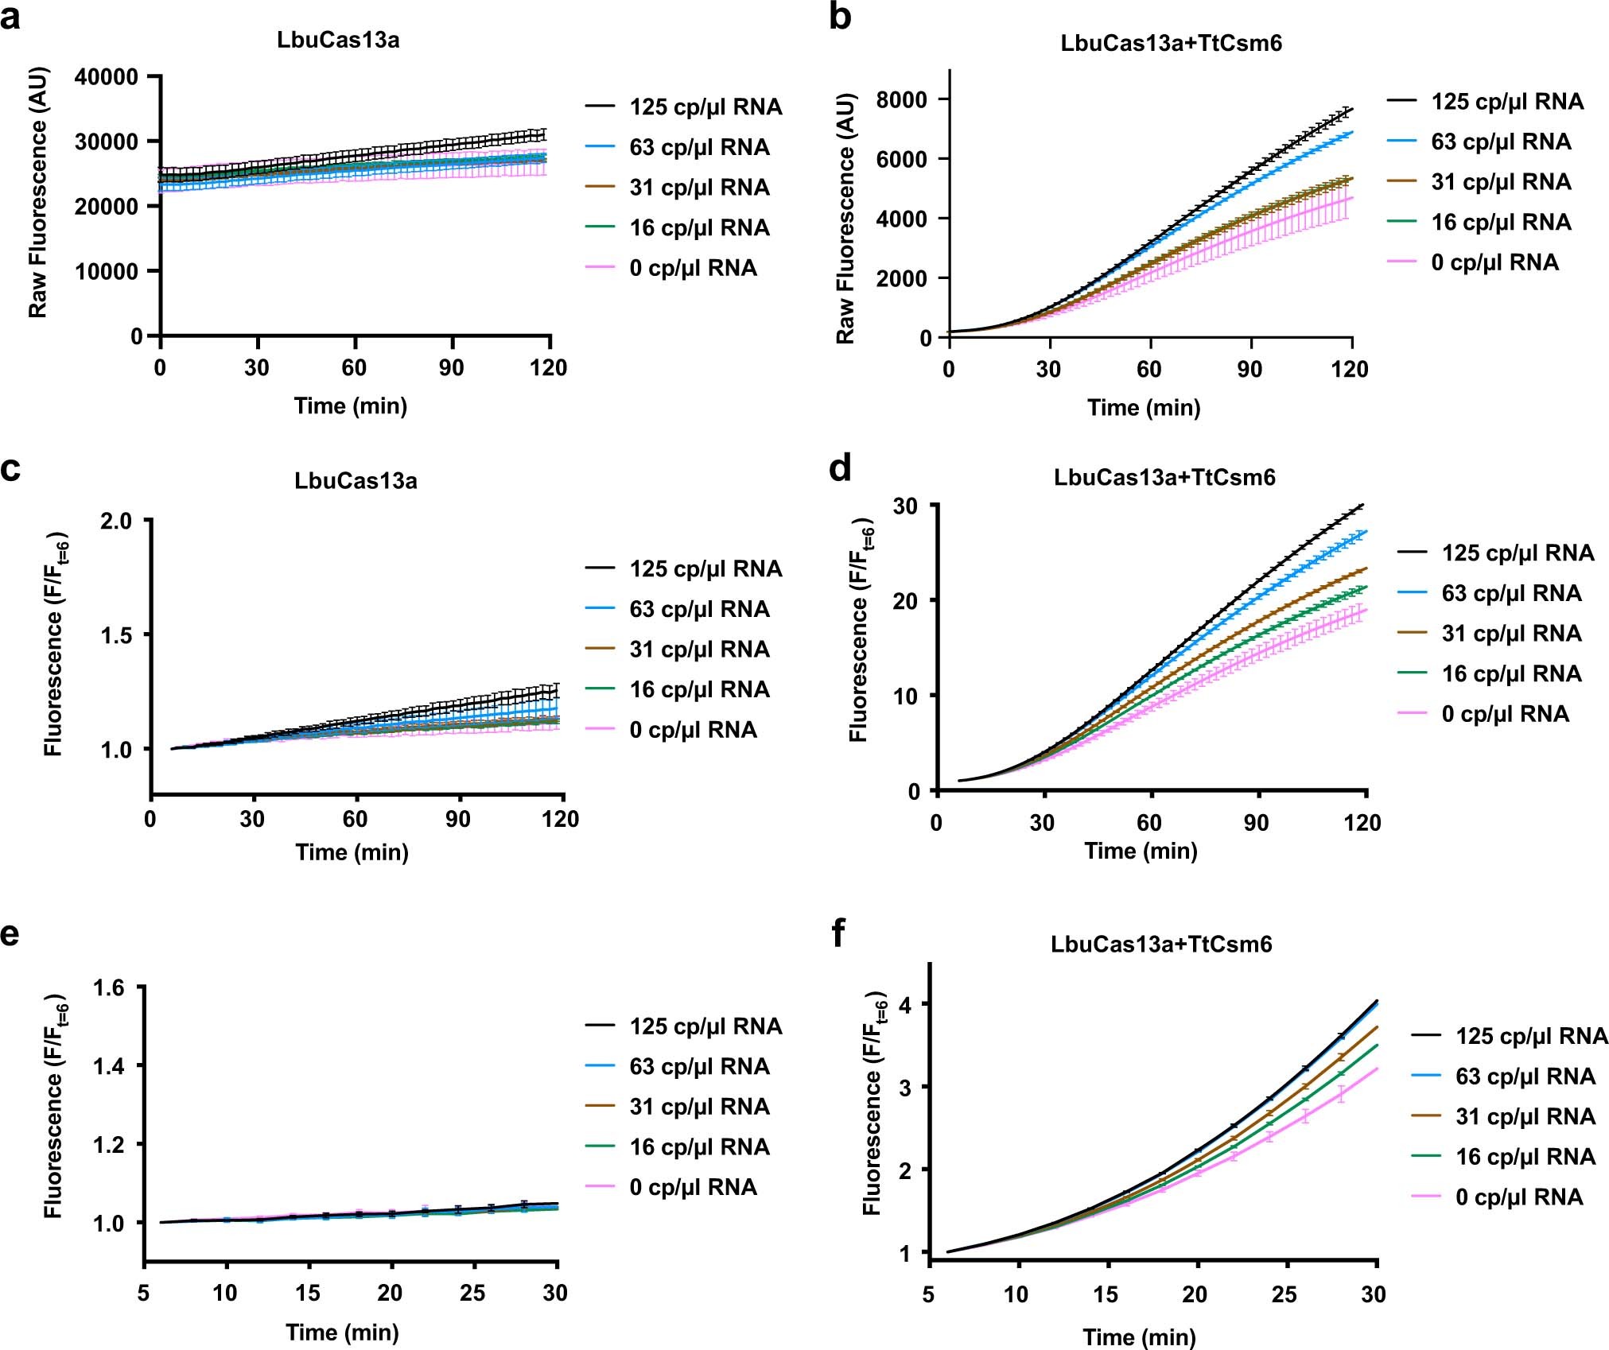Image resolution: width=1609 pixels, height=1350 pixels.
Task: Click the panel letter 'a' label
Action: [11, 17]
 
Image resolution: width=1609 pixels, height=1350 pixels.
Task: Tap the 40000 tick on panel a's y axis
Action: [106, 77]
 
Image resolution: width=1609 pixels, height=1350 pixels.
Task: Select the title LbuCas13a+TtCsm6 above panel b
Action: [1171, 43]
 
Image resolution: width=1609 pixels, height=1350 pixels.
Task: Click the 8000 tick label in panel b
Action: [901, 99]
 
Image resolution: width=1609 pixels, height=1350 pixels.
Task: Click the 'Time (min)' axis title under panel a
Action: [350, 406]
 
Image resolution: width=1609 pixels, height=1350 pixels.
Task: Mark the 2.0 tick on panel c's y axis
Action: [115, 521]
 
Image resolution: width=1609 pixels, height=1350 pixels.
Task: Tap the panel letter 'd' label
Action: [839, 469]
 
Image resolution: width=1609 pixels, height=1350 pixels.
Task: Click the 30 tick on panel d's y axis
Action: [904, 506]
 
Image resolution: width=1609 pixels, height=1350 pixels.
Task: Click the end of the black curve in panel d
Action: [1363, 505]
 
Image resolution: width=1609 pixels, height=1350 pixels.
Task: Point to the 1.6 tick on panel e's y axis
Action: [109, 988]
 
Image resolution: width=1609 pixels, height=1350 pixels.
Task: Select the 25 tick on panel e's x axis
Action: [472, 1293]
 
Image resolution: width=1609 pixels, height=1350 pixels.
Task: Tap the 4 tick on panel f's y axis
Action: [904, 1004]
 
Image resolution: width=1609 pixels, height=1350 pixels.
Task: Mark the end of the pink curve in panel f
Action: [1377, 1069]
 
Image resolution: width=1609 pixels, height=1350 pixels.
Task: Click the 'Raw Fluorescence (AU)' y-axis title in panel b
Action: [845, 219]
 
